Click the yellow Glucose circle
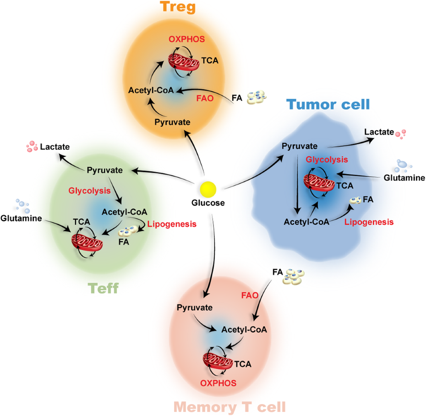click(208, 189)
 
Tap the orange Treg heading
click(177, 7)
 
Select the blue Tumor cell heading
click(328, 104)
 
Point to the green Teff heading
click(103, 288)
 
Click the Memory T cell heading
click(230, 407)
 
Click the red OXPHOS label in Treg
click(187, 39)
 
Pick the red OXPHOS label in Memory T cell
click(218, 383)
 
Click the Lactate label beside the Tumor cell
click(379, 132)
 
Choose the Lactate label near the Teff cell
click(55, 147)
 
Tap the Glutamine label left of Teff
click(21, 218)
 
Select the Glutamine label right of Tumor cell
click(404, 178)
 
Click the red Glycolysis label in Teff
click(89, 191)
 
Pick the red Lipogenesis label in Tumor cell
click(369, 222)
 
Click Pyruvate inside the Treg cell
click(172, 122)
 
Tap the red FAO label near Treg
click(205, 98)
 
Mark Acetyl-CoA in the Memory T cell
click(244, 330)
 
